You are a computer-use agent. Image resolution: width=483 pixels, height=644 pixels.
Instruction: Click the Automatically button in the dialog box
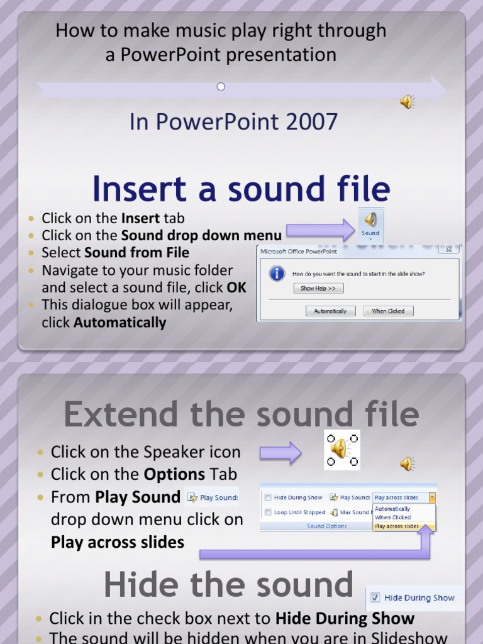click(330, 311)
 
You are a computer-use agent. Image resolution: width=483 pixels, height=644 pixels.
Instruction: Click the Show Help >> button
click(318, 289)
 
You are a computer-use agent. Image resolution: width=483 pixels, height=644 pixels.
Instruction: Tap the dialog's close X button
click(448, 249)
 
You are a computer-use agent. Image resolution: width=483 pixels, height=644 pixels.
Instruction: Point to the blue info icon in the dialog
click(276, 274)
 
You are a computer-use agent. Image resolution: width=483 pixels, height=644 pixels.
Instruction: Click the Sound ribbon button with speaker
click(370, 223)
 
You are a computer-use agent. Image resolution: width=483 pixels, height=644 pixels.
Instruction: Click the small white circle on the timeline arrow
click(221, 87)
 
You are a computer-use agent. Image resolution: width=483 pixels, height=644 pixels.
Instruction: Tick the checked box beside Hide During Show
click(375, 598)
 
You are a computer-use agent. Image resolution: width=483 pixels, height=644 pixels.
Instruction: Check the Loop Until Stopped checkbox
click(268, 513)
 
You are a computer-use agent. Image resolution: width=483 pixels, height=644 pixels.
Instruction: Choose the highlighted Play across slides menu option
click(397, 526)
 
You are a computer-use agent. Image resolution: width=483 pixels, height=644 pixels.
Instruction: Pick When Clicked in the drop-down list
click(393, 518)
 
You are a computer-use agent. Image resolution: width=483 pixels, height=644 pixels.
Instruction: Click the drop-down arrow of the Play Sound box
click(432, 497)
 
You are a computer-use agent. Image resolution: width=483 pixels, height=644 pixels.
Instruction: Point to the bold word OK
click(236, 287)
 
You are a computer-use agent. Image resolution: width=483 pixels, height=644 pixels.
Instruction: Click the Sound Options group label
click(326, 526)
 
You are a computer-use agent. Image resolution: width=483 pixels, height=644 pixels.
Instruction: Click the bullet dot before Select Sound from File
click(31, 253)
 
